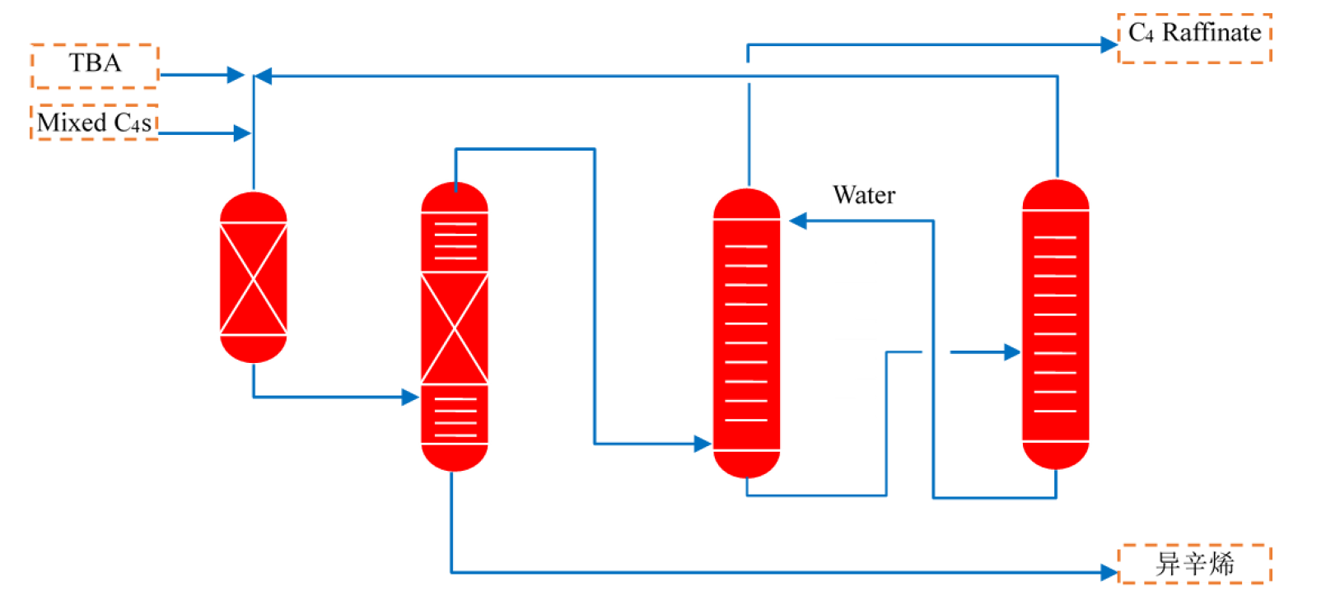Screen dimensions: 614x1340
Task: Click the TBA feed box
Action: pos(95,66)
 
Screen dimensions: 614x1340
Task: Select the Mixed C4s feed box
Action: pos(95,123)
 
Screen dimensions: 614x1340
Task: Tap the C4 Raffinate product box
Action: pos(1194,37)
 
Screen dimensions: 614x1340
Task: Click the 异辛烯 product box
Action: pos(1194,564)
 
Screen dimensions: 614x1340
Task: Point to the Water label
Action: pos(864,195)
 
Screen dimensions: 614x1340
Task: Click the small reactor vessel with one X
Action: pos(254,277)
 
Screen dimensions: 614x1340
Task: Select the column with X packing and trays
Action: pos(455,327)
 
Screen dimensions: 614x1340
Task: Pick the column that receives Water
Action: pos(746,333)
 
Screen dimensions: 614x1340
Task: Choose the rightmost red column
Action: pos(1056,325)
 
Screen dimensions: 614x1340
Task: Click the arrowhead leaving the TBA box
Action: pos(236,75)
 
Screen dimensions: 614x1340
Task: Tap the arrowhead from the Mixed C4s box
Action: pos(242,133)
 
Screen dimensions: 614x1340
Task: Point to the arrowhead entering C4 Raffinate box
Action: pos(1109,44)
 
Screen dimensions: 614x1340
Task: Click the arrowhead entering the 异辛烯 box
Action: pos(1109,572)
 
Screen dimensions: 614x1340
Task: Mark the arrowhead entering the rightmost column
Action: pos(1012,352)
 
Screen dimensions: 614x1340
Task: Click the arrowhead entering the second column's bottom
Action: pos(410,398)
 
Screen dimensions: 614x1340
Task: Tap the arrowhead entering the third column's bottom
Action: pos(703,444)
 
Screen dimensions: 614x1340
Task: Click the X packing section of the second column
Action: pos(455,328)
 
